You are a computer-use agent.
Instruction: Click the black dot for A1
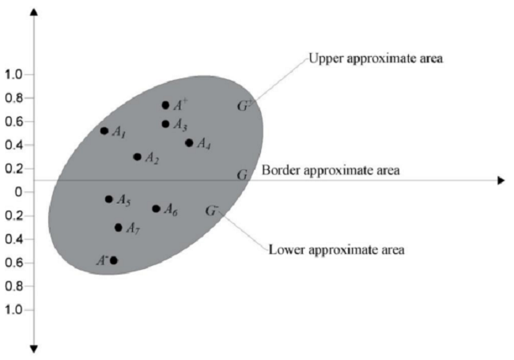[104, 131]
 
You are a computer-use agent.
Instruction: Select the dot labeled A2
[138, 157]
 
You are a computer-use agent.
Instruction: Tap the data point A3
[165, 123]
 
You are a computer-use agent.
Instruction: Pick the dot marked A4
[189, 143]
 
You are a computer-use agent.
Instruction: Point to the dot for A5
[109, 199]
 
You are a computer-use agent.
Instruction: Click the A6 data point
[156, 209]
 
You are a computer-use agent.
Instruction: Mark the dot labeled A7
[119, 227]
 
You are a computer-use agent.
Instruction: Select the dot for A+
[165, 104]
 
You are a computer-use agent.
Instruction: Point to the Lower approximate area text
[337, 250]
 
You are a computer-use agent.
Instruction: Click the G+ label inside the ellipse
[244, 105]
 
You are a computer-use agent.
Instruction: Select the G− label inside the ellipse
[211, 210]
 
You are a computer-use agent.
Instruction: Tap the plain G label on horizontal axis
[243, 174]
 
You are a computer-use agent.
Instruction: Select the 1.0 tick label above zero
[14, 74]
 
